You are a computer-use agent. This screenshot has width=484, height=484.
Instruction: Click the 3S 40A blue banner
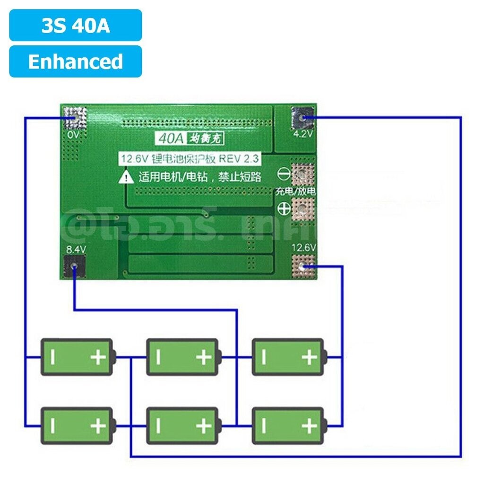pos(76,26)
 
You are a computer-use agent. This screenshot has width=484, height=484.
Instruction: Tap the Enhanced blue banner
pos(76,62)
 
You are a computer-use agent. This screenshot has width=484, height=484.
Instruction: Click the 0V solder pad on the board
pos(75,117)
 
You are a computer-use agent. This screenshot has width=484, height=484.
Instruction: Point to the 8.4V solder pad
pos(74,267)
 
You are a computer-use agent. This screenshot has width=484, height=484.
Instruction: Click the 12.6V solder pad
pos(302,267)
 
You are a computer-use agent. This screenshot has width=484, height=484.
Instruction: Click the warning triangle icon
pos(127,178)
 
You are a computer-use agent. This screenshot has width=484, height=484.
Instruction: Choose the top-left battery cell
pos(77,357)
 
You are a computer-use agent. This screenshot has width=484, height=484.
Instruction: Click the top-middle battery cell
pos(182,357)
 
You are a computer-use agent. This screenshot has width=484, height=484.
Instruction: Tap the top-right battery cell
pos(288,357)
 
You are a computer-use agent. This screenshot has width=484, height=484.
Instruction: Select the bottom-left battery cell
pos(77,425)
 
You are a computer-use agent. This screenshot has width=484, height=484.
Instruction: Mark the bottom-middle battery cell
pos(182,425)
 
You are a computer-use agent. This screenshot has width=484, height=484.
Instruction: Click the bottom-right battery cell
pos(288,425)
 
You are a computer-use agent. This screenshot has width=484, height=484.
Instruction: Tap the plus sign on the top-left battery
pos(98,357)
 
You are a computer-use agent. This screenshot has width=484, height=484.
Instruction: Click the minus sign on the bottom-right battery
pos(264,426)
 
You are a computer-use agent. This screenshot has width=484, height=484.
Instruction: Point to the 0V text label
pos(74,135)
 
